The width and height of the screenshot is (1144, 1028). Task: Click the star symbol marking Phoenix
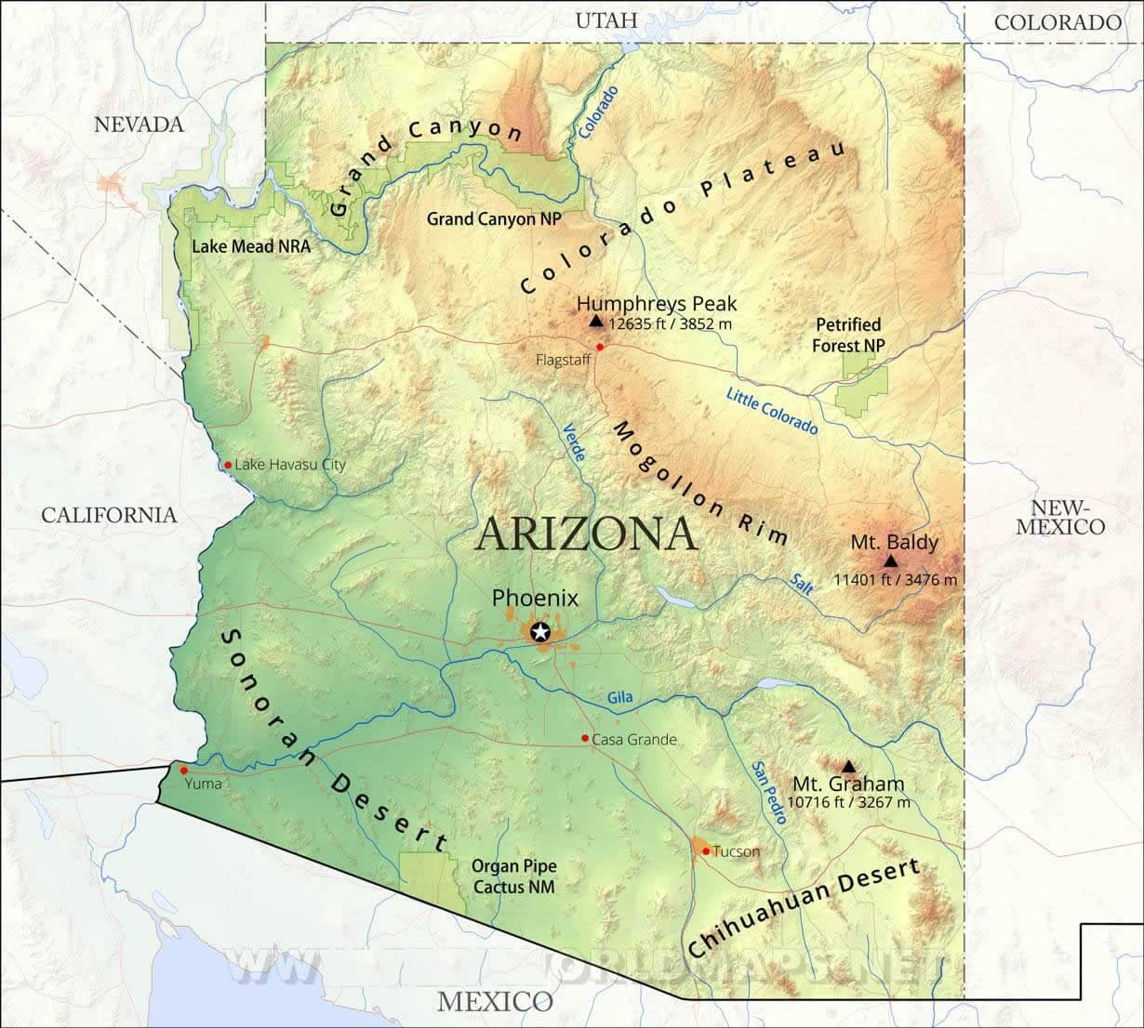point(539,633)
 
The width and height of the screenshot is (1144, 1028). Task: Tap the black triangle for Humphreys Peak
point(596,321)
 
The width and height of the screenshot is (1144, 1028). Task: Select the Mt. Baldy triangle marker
point(891,560)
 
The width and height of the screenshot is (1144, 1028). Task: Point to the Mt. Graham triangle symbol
point(847,766)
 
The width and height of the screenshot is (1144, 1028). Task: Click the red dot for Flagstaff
point(600,348)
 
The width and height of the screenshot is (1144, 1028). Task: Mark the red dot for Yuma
point(184,771)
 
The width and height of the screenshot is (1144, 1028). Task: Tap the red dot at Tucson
point(706,850)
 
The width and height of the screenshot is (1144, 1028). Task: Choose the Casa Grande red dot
point(584,739)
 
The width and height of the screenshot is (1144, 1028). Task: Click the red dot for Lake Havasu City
point(228,465)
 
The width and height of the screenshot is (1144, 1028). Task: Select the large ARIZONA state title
point(587,534)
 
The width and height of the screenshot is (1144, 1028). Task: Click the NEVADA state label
point(140,125)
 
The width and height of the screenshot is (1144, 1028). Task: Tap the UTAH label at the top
point(606,20)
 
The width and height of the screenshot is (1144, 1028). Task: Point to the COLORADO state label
point(1058,22)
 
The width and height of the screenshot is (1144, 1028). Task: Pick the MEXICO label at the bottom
point(495,1001)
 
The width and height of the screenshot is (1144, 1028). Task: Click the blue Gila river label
point(620,697)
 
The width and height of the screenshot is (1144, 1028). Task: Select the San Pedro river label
point(770,793)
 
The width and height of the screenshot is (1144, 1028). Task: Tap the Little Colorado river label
point(771,411)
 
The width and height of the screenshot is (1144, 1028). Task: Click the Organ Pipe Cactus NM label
point(513,876)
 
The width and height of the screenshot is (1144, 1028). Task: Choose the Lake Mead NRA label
point(251,246)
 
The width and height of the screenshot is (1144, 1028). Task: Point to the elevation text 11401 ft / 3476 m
point(895,580)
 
